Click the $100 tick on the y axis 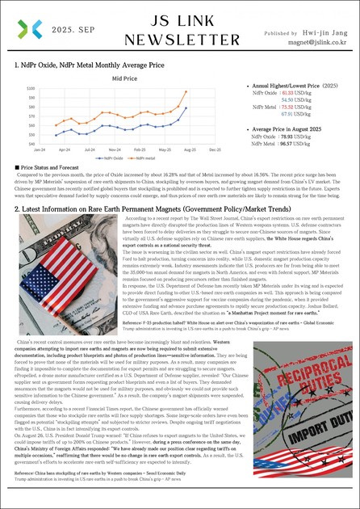(31, 88)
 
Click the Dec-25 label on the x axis (215, 150)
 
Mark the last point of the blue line (186, 107)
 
